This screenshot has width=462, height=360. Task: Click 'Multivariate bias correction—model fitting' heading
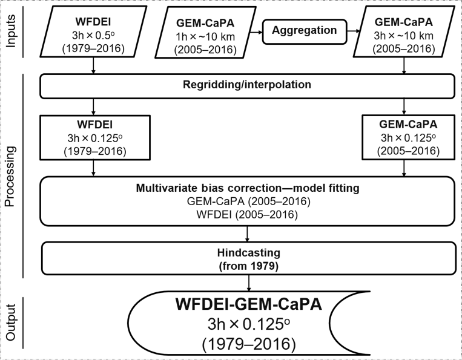(x=246, y=188)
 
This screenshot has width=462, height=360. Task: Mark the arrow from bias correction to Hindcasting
(x=247, y=233)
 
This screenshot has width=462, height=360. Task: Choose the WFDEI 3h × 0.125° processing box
(x=93, y=137)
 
